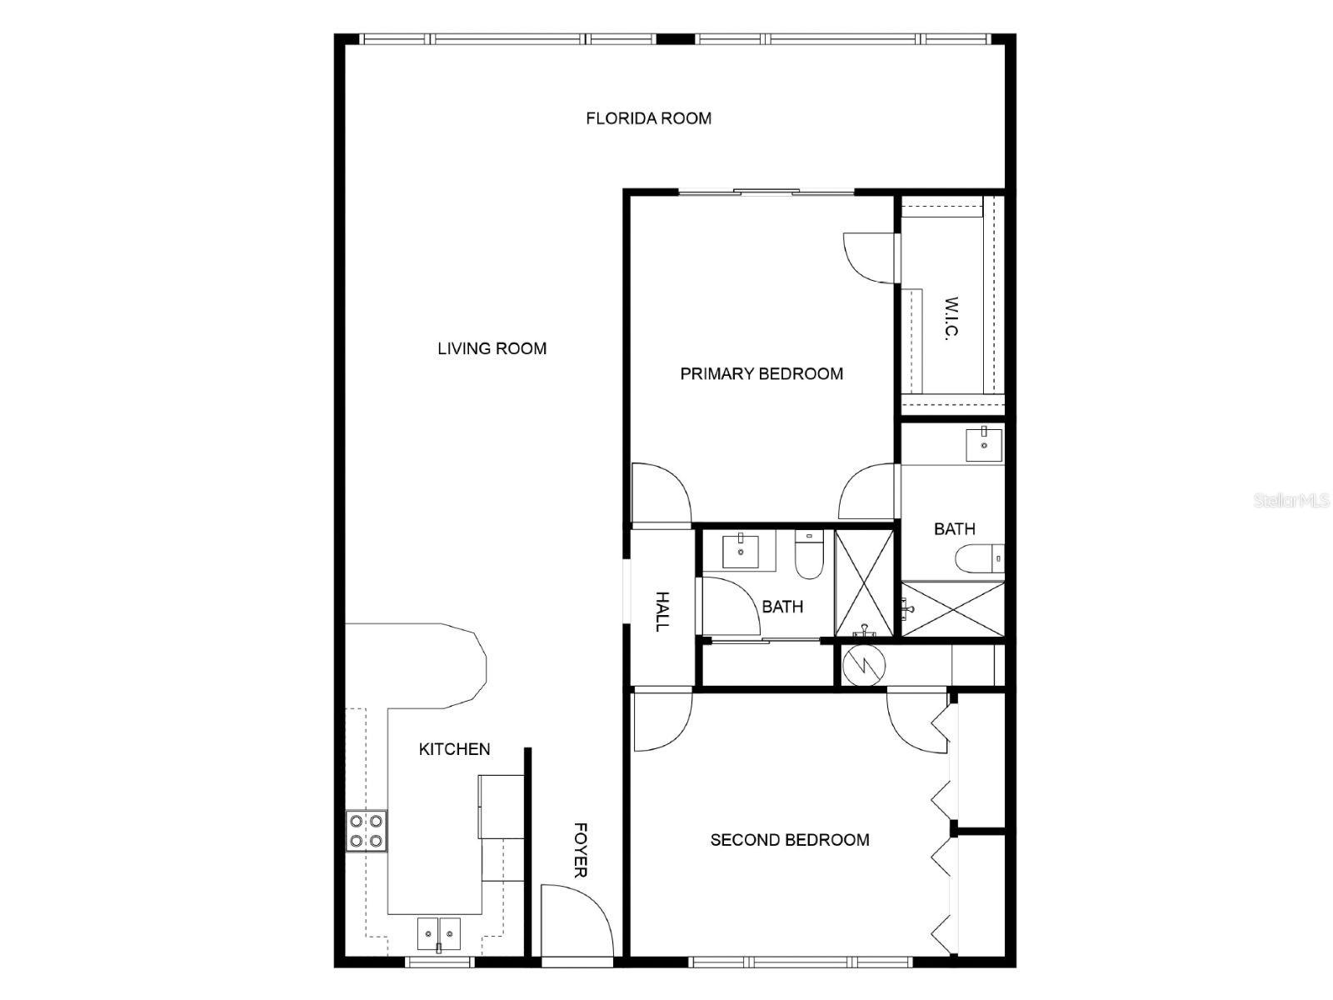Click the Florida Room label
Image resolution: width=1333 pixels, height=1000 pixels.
[x=648, y=118]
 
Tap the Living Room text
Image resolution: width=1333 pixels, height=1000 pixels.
[x=492, y=348]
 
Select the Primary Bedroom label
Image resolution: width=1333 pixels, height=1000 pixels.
[x=761, y=373]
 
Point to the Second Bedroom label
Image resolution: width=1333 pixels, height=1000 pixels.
[x=789, y=840]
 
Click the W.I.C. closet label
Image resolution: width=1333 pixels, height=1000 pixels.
[x=951, y=318]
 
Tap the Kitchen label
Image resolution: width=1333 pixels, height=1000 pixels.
[x=454, y=749]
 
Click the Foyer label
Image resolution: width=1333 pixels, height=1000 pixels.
[x=581, y=850]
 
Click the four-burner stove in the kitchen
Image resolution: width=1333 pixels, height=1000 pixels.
[x=367, y=831]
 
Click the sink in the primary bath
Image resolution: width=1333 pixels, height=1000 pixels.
[x=984, y=442]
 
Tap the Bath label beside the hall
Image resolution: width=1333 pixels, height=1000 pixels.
[x=782, y=607]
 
